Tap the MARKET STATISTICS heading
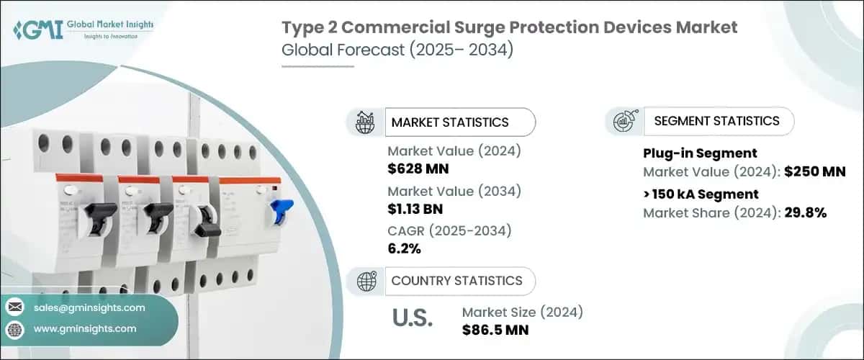pyautogui.click(x=449, y=122)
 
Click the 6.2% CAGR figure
pyautogui.click(x=404, y=249)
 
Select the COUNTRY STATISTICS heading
pyautogui.click(x=456, y=281)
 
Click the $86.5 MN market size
pyautogui.click(x=495, y=330)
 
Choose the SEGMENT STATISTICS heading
pyautogui.click(x=716, y=121)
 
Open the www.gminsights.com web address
pyautogui.click(x=84, y=328)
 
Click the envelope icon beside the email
pyautogui.click(x=14, y=307)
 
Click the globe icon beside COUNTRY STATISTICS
pyautogui.click(x=365, y=281)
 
